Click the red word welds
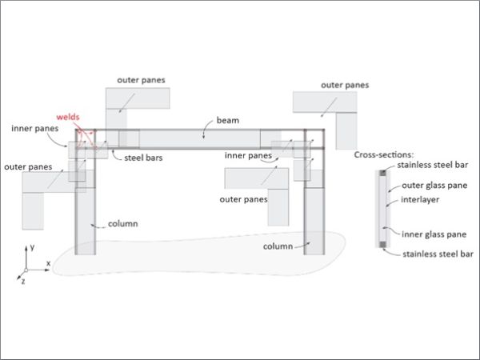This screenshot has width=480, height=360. click(x=68, y=117)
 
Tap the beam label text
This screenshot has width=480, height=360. click(x=228, y=120)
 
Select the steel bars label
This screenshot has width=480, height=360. click(x=143, y=158)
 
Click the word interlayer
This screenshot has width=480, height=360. click(x=420, y=199)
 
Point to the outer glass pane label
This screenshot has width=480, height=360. click(x=434, y=186)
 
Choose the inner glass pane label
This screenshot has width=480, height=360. click(x=434, y=234)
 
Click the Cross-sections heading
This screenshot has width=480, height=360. click(x=383, y=154)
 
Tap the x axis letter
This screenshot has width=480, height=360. click(x=48, y=263)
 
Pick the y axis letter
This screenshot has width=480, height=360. click(x=32, y=246)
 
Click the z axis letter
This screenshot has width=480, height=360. click(x=23, y=282)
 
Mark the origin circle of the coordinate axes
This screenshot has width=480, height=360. click(x=26, y=270)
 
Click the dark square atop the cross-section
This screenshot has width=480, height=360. click(x=382, y=173)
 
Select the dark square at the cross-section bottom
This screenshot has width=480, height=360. click(x=382, y=244)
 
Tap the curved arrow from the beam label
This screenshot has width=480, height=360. click(x=206, y=127)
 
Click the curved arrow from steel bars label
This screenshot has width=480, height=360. click(x=115, y=155)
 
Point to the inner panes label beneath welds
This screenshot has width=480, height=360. click(x=35, y=128)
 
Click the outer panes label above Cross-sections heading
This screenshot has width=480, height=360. click(x=345, y=85)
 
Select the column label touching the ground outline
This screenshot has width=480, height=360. click(x=278, y=246)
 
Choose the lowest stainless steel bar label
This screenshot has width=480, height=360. click(x=438, y=254)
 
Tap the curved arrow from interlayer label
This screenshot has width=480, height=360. click(x=392, y=202)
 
